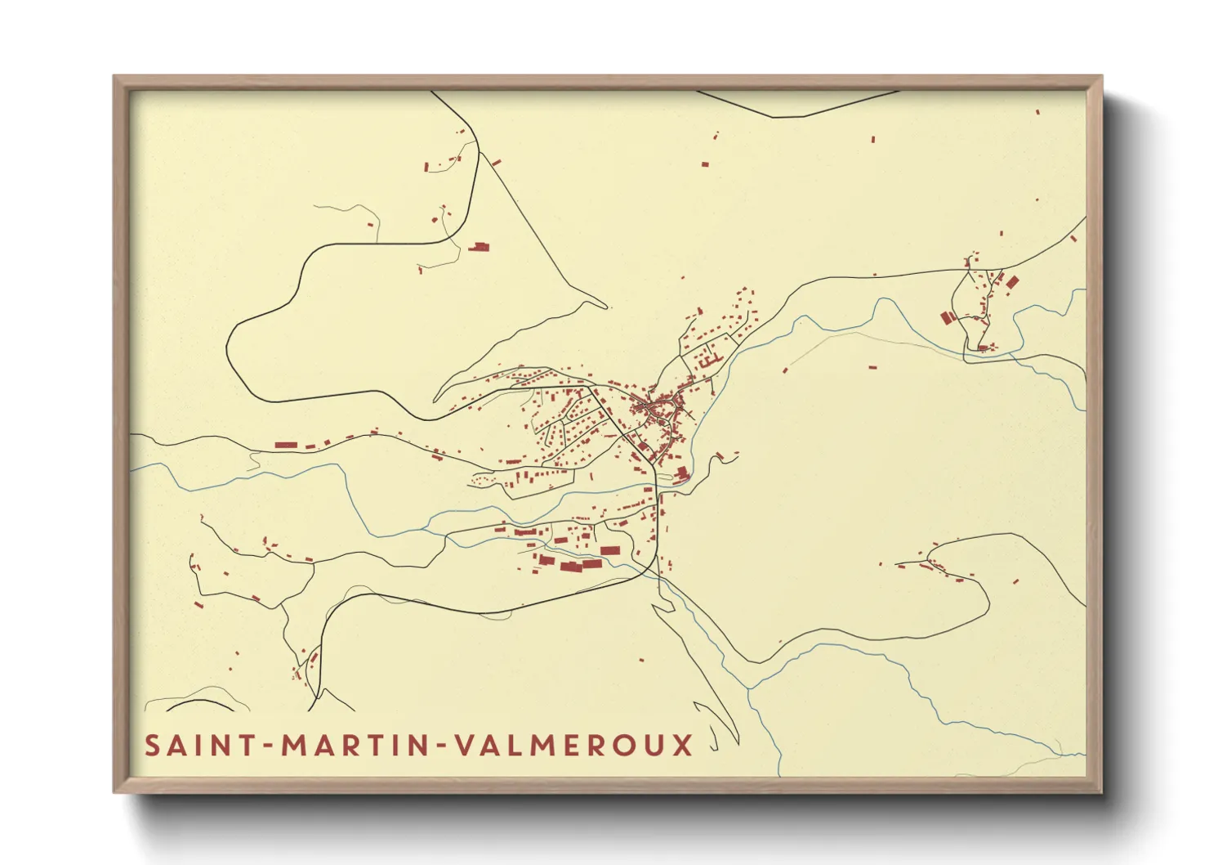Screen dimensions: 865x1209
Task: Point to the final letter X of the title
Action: pyautogui.click(x=682, y=746)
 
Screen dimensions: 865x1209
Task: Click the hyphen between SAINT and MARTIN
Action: pyautogui.click(x=266, y=746)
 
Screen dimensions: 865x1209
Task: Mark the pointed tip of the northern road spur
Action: pyautogui.click(x=609, y=308)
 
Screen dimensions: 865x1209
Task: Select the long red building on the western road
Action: pyautogui.click(x=286, y=445)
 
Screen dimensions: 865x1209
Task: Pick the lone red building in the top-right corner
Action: pyautogui.click(x=1037, y=112)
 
